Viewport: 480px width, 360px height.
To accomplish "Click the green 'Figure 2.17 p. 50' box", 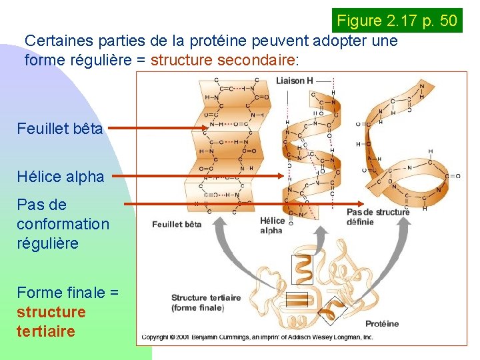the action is [x=397, y=21].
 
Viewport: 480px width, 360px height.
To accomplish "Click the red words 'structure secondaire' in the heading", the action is [x=223, y=60].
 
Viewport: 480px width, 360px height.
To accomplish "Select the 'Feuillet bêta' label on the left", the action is [x=60, y=128].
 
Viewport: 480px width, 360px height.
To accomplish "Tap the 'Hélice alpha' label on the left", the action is [x=61, y=177].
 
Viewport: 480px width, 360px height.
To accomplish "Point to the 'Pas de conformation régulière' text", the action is [x=63, y=223].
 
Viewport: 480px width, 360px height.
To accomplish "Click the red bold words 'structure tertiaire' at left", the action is [x=51, y=321].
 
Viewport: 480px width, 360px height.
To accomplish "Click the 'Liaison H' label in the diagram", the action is [x=295, y=81].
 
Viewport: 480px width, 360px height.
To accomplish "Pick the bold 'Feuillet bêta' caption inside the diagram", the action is [x=177, y=225].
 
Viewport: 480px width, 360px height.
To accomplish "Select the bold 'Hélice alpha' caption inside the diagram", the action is [x=271, y=225].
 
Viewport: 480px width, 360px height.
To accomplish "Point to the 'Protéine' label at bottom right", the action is [x=382, y=324].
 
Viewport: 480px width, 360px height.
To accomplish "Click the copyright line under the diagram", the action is [x=257, y=337].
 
